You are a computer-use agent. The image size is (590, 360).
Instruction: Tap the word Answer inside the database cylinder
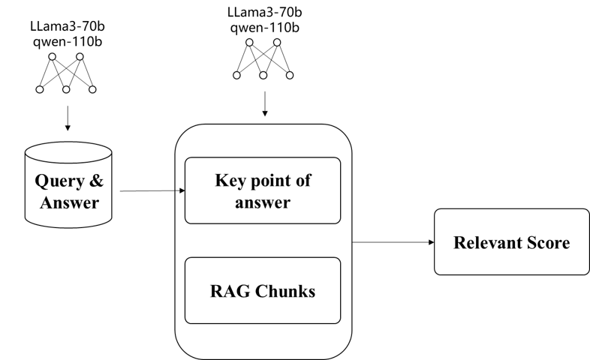coord(69,202)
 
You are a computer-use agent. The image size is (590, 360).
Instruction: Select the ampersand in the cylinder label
coord(98,181)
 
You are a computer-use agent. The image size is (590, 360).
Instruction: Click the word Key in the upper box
coord(230,181)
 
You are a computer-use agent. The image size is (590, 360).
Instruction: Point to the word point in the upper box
coord(271,181)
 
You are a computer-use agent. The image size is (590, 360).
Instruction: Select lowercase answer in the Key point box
coord(263,202)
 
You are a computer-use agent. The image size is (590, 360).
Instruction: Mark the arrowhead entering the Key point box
coord(182,190)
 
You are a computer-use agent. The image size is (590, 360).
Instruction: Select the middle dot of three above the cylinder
coord(66,89)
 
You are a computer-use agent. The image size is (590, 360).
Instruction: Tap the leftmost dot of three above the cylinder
coord(40,89)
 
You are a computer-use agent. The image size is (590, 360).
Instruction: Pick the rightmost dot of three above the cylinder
coord(92,89)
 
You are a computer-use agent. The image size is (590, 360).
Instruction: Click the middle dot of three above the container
coord(263,75)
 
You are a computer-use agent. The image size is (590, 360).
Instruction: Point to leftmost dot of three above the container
coord(236,75)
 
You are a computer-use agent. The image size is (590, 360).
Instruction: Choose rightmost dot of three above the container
coord(290,75)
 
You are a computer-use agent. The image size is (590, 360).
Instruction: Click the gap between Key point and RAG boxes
coord(263,241)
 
